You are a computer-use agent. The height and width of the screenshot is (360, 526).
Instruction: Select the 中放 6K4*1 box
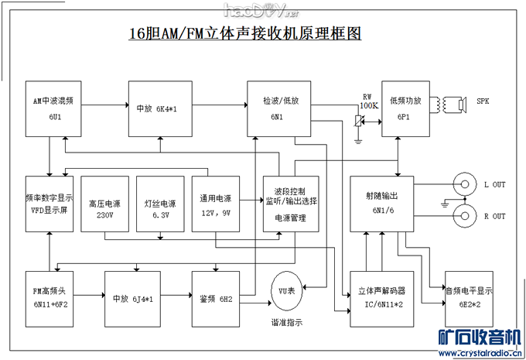(155, 108)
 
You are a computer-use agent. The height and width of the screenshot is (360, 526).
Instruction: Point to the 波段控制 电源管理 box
(290, 204)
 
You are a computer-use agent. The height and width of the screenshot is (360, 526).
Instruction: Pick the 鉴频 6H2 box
(217, 297)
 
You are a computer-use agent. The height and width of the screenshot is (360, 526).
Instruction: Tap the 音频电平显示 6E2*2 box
(467, 297)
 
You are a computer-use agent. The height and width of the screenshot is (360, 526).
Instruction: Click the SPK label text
(483, 101)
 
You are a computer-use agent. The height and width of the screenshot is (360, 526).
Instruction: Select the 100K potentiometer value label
(369, 105)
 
